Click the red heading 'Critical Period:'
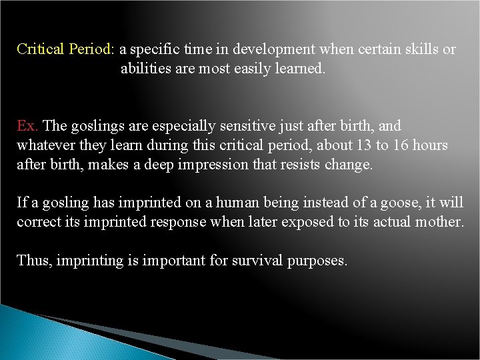point(66,49)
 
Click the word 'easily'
point(255,68)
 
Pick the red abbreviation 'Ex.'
point(27,126)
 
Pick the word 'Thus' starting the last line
point(33,261)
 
